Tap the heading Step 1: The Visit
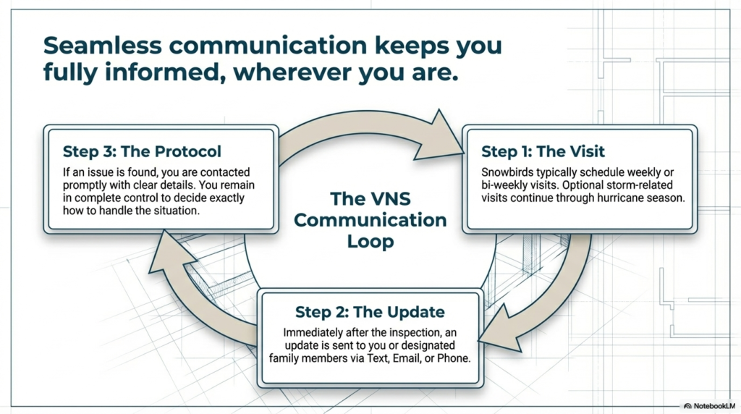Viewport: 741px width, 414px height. (543, 152)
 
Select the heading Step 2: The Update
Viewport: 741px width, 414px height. (369, 312)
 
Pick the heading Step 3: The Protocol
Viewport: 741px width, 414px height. (142, 152)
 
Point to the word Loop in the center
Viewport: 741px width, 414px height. (370, 242)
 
